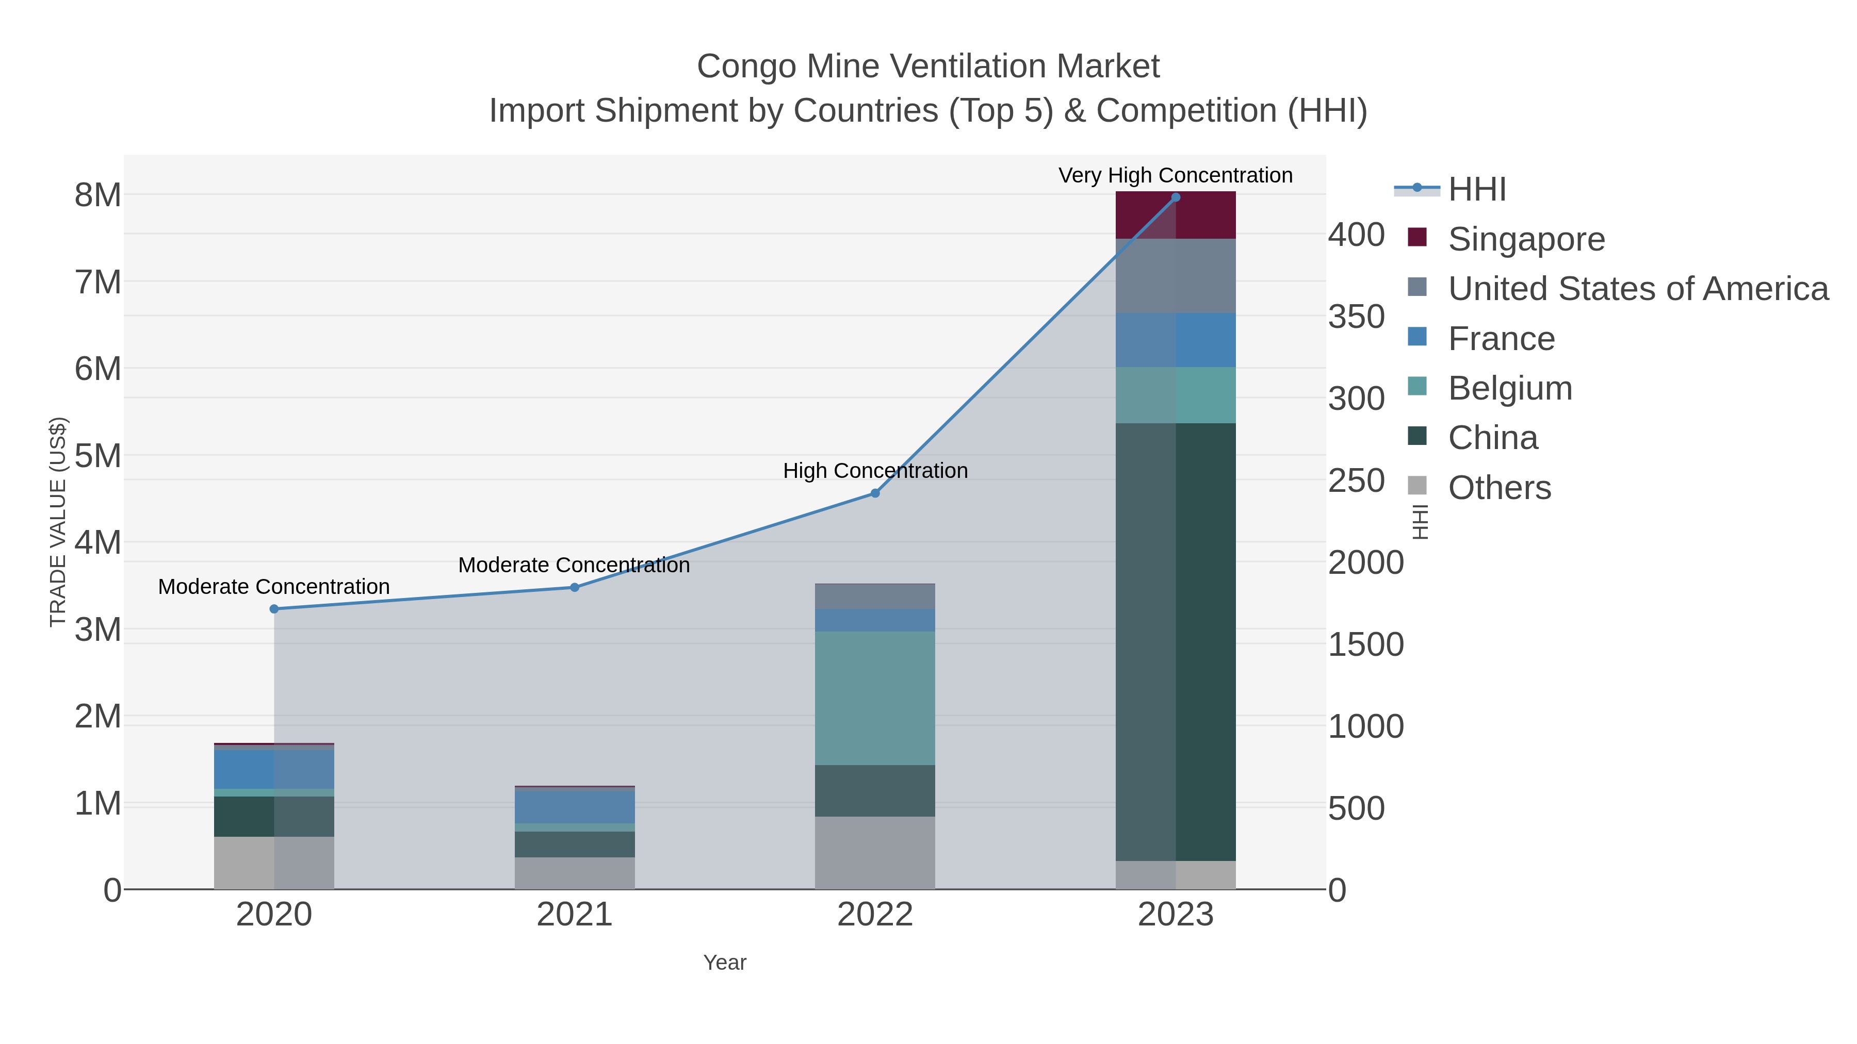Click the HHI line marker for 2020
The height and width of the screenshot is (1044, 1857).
tap(274, 609)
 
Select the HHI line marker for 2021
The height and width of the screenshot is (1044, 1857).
tap(575, 587)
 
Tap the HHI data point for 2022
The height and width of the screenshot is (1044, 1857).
tap(875, 493)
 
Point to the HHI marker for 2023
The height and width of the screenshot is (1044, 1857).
tap(1176, 197)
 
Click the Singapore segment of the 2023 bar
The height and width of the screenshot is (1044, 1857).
tap(1176, 216)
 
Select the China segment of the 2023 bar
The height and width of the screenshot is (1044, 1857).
tap(1176, 641)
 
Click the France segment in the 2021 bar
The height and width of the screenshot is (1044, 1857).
tap(575, 807)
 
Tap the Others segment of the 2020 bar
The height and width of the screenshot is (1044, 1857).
tap(274, 863)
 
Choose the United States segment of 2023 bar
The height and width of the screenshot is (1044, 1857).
tap(1176, 276)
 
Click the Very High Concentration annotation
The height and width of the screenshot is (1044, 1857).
tap(1175, 175)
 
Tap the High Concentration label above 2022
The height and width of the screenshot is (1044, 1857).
tap(875, 471)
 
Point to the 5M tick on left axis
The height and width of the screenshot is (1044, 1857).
tap(98, 455)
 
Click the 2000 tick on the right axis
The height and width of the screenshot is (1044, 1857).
tap(1365, 562)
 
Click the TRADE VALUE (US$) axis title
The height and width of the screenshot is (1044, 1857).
tap(58, 522)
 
